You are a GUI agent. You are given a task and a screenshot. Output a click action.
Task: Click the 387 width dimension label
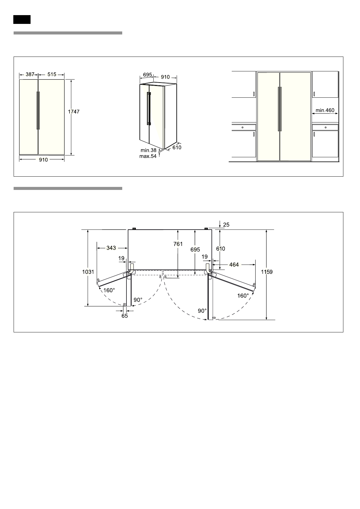(x=30, y=74)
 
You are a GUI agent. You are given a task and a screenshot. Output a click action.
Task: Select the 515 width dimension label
(x=52, y=74)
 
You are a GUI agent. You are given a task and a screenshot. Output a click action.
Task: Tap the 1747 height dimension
(x=74, y=112)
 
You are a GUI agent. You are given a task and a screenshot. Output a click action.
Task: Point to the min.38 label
(x=149, y=150)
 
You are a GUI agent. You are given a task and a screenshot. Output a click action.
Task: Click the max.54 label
(x=148, y=156)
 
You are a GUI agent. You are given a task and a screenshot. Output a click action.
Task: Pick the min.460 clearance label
(x=325, y=110)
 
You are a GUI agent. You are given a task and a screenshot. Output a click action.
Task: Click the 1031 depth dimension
(x=88, y=272)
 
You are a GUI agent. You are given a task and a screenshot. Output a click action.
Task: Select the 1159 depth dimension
(x=267, y=272)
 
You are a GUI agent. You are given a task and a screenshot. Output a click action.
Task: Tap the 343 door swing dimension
(x=111, y=248)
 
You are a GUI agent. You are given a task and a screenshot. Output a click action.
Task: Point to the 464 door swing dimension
(x=234, y=265)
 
